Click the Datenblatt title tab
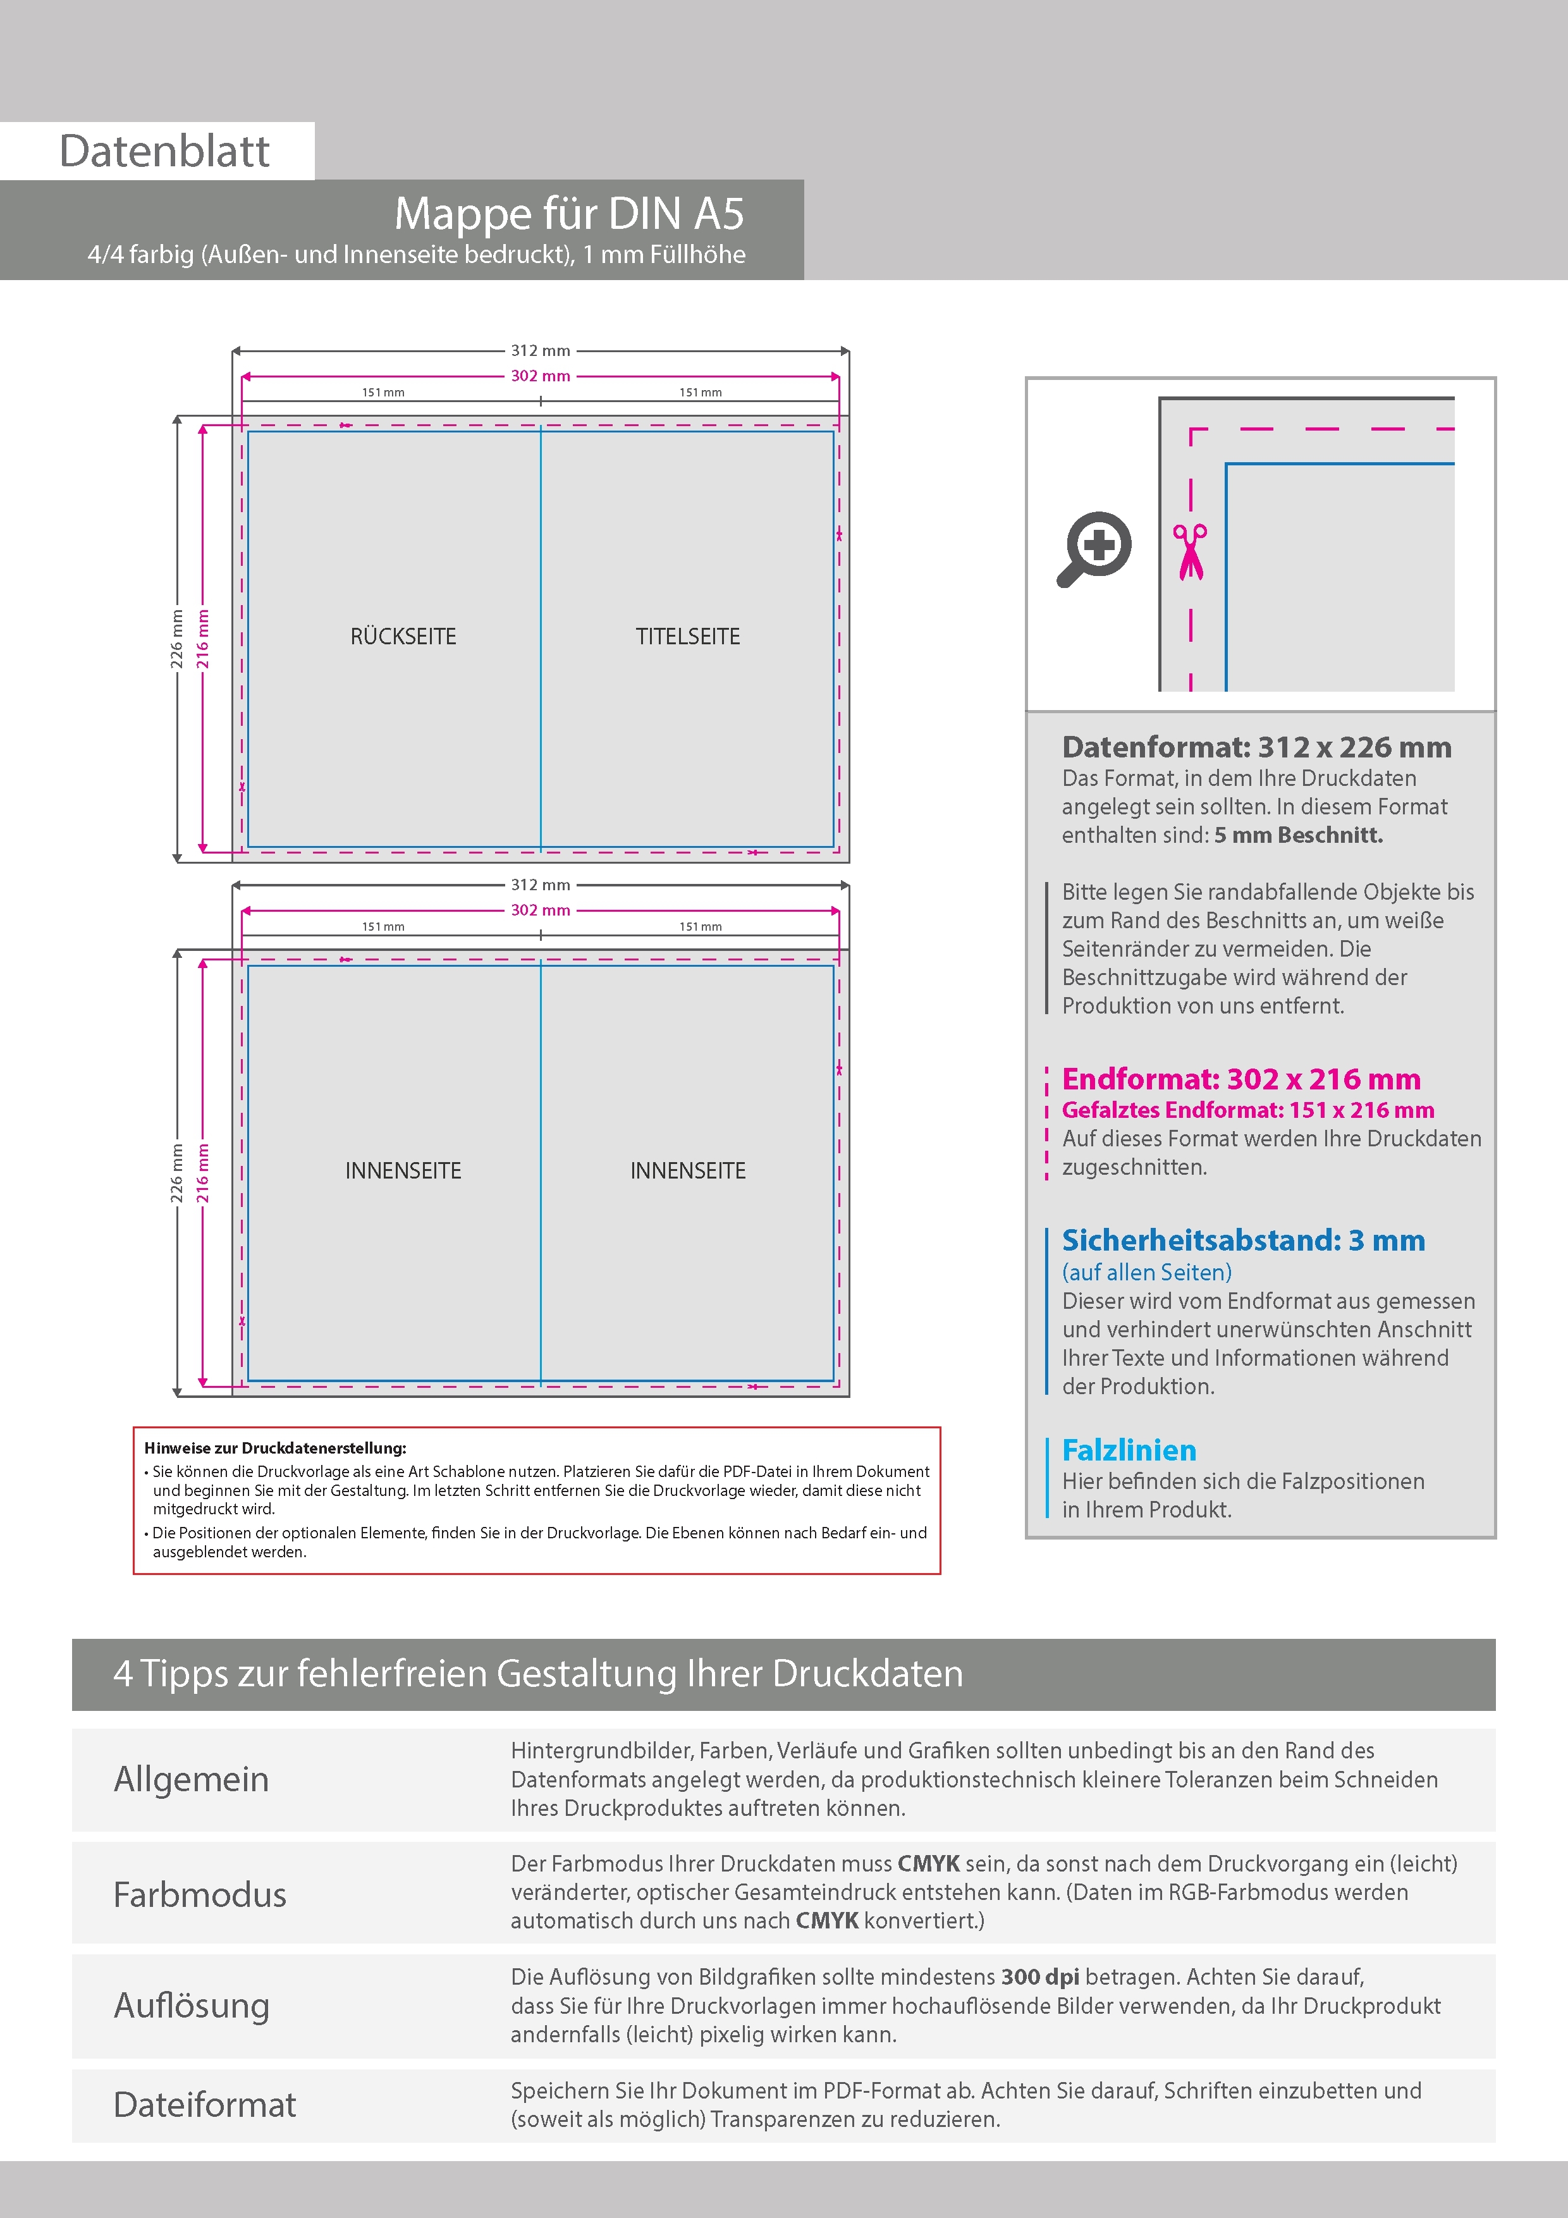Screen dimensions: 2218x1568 point(164,150)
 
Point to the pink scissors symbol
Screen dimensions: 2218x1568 point(1191,551)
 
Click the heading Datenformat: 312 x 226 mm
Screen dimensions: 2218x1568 point(1256,747)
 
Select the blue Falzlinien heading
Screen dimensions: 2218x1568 point(1129,1449)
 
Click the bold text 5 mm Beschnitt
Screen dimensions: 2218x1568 point(1299,835)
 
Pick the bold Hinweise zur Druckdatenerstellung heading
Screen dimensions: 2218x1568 point(275,1448)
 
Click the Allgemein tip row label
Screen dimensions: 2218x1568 point(192,1779)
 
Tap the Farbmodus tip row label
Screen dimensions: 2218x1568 point(200,1894)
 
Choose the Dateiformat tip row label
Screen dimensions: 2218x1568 point(205,2104)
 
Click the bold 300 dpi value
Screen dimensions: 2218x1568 point(1039,1976)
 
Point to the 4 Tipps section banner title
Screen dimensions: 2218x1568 point(538,1673)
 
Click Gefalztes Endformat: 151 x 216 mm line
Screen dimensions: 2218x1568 point(1247,1110)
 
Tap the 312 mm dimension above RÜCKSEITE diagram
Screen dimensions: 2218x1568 point(540,351)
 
